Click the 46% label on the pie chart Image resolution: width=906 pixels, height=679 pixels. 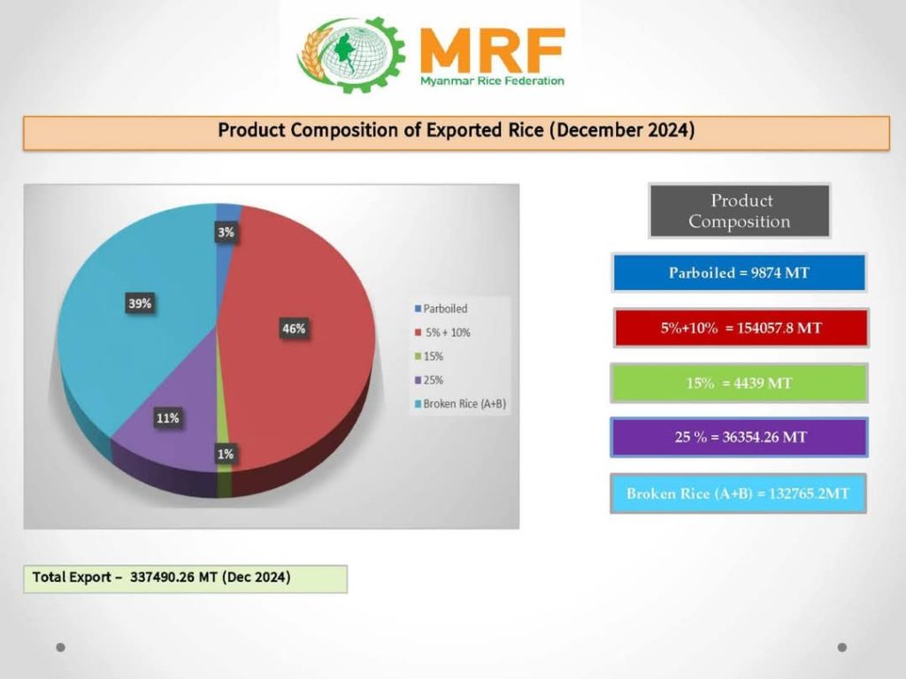[x=294, y=329]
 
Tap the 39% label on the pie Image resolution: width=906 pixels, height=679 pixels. [x=140, y=303]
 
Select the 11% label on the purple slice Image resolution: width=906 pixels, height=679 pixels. [x=167, y=418]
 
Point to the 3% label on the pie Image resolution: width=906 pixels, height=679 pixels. [x=226, y=233]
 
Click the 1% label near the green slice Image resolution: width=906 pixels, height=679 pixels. [x=226, y=454]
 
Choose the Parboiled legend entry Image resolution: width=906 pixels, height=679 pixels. [x=441, y=309]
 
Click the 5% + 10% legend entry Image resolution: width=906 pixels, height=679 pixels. [x=442, y=332]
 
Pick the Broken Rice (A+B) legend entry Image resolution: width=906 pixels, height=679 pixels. [x=460, y=403]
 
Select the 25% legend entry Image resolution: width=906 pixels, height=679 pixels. [x=429, y=380]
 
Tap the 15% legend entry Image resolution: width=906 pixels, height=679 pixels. [x=429, y=356]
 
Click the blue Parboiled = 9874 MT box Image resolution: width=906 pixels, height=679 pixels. [x=739, y=272]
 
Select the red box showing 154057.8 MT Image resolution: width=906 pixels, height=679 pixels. [x=741, y=328]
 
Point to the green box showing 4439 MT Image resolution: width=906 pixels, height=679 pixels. [x=739, y=383]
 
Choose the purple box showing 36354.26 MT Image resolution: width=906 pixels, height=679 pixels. [x=739, y=437]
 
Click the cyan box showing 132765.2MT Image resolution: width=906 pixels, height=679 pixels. [x=739, y=493]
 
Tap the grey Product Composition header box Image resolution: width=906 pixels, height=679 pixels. [x=740, y=210]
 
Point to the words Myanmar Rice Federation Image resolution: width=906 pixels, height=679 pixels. [x=492, y=80]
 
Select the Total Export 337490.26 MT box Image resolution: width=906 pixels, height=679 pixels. [x=186, y=578]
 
